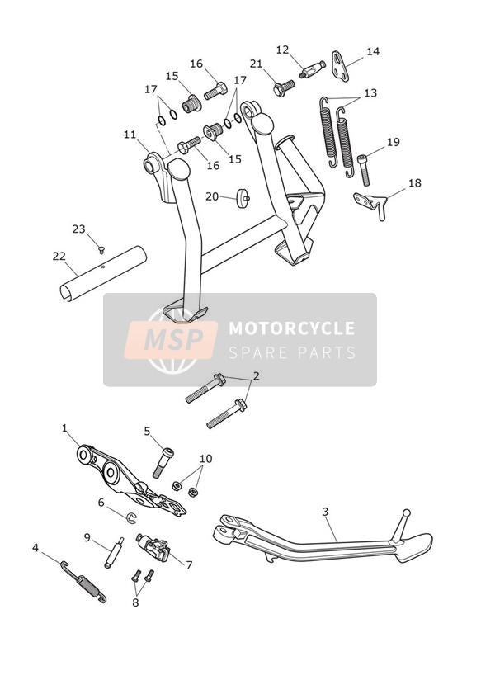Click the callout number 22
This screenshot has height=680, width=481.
click(59, 257)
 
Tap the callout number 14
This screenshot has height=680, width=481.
click(373, 52)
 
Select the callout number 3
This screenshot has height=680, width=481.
click(325, 512)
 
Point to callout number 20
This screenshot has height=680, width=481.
click(212, 196)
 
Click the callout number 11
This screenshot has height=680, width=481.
click(130, 135)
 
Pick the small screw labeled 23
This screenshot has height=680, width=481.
click(101, 250)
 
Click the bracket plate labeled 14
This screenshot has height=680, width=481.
click(341, 66)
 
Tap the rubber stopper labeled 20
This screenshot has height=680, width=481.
click(243, 198)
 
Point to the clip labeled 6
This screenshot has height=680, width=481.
click(131, 517)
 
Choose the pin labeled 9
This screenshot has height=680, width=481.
click(115, 552)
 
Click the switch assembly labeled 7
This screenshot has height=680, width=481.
click(154, 548)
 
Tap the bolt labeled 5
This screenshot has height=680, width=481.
click(163, 463)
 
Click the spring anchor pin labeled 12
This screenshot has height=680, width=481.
click(313, 69)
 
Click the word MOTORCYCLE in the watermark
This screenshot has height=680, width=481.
click(291, 328)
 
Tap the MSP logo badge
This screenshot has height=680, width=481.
click(171, 340)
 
